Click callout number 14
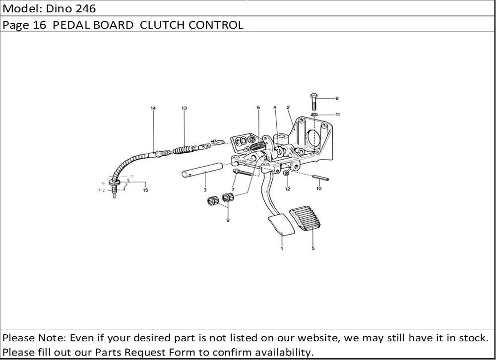click(x=153, y=108)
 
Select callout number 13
click(x=184, y=108)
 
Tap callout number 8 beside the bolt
click(x=337, y=98)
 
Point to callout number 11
click(x=337, y=115)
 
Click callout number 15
click(x=145, y=190)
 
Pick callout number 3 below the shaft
click(x=205, y=190)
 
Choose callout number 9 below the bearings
click(x=228, y=220)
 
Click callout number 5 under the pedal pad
click(x=313, y=248)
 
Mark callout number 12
click(x=287, y=189)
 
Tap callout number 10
click(x=319, y=189)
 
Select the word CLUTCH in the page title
click(x=162, y=25)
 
